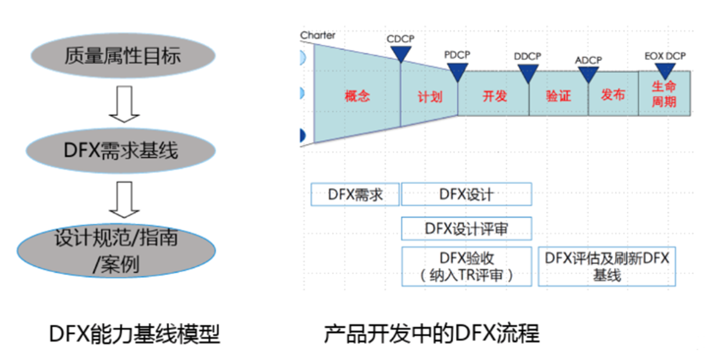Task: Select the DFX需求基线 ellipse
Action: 121,151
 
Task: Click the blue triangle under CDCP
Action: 401,53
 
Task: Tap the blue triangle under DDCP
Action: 528,72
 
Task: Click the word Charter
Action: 318,35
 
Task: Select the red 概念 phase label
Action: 357,96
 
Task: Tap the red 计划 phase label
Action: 430,96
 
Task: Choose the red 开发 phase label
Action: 495,96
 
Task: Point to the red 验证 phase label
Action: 558,96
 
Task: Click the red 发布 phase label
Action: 613,95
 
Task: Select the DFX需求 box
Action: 355,194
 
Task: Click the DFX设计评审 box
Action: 466,228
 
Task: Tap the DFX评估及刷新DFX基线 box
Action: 607,266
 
